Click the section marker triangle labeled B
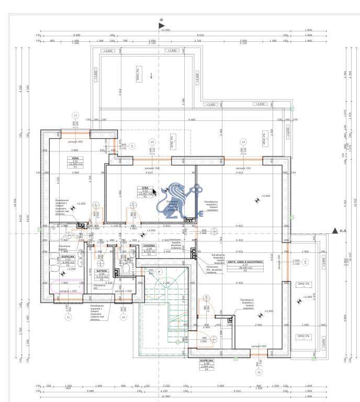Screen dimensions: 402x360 pos(161,25)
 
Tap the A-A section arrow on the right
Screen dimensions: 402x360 pos(335,230)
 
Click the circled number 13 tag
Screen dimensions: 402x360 pos(132,146)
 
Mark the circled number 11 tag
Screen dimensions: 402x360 pos(67,317)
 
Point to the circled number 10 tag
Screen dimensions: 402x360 pos(123,317)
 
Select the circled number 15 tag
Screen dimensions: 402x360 pos(258,372)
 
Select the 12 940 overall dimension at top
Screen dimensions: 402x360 pos(166,30)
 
